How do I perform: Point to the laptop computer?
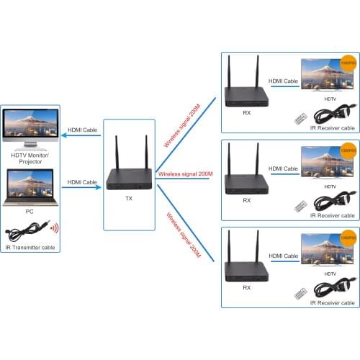pos(30,189)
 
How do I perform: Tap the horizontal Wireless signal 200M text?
pos(184,174)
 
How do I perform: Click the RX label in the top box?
pos(247,113)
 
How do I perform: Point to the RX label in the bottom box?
pos(247,287)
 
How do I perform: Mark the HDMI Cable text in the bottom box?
pos(283,256)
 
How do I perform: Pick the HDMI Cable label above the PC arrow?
pos(82,182)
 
